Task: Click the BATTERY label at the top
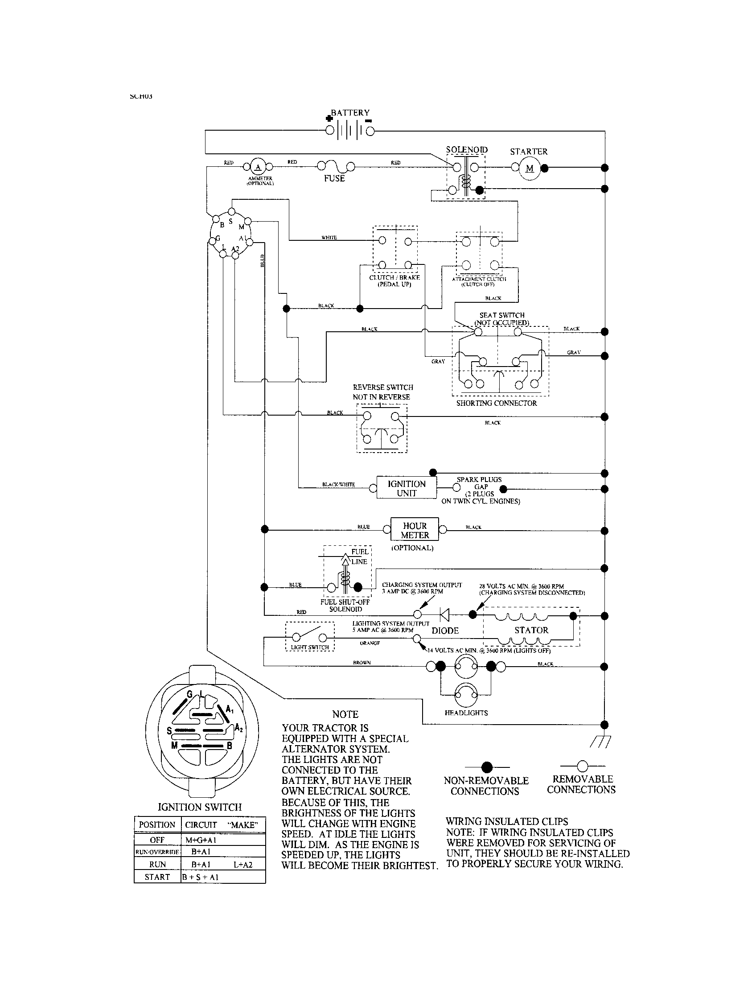click(350, 113)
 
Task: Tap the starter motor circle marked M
click(530, 169)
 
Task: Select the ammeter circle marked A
click(258, 168)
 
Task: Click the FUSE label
click(334, 178)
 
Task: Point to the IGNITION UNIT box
click(406, 488)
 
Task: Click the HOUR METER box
click(415, 530)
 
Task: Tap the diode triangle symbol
click(444, 614)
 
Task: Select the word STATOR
click(531, 630)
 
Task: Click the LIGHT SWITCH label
click(310, 647)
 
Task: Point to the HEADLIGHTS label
click(466, 713)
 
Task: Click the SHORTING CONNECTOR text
click(497, 404)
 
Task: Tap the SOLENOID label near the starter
click(466, 149)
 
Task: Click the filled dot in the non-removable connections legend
click(487, 767)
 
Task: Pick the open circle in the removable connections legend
click(582, 766)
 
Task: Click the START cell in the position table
click(157, 877)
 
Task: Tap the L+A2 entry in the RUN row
click(243, 864)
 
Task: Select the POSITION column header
click(157, 824)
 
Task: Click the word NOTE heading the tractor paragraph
click(345, 715)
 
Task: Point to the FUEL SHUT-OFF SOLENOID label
click(345, 606)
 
